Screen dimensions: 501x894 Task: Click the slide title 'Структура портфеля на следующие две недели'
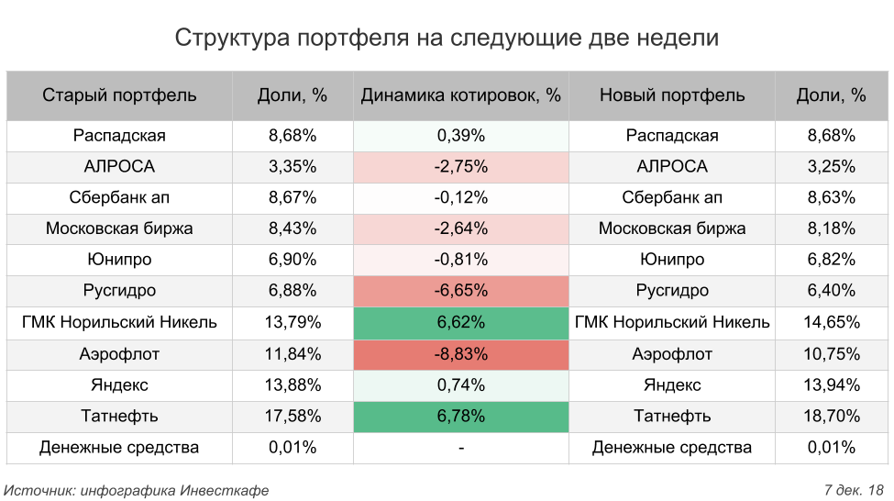point(447,38)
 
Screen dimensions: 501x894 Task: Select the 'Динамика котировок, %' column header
point(460,95)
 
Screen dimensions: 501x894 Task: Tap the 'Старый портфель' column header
point(119,95)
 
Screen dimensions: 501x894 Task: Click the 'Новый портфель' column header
point(672,95)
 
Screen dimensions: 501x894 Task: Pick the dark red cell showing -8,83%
point(460,354)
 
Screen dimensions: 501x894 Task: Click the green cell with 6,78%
point(460,417)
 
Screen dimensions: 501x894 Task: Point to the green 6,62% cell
point(460,323)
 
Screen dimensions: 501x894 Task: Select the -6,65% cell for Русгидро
point(460,291)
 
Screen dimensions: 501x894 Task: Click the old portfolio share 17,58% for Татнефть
point(292,417)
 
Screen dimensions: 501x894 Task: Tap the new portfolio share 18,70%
point(832,417)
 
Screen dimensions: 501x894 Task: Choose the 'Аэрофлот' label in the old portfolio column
point(119,354)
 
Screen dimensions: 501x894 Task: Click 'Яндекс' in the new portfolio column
point(672,385)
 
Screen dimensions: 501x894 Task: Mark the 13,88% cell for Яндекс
point(292,385)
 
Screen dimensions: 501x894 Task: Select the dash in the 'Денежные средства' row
point(460,448)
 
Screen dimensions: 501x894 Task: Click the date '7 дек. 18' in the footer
point(854,490)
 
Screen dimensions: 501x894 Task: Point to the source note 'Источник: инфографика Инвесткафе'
point(137,490)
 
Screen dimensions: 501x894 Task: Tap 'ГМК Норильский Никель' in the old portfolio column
point(119,323)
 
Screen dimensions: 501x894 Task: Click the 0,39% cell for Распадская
point(460,136)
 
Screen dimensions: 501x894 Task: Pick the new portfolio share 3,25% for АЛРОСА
point(832,167)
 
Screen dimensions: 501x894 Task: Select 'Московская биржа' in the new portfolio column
point(672,228)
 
